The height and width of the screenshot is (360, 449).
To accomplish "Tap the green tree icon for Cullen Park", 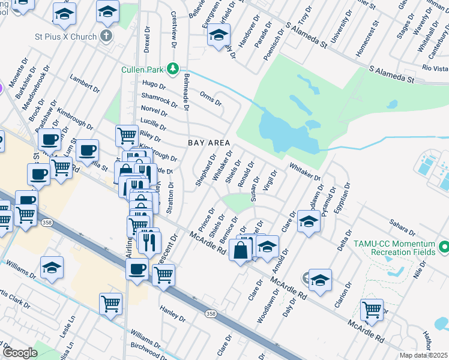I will (x=173, y=68).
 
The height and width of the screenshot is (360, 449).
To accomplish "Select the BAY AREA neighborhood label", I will (x=209, y=143).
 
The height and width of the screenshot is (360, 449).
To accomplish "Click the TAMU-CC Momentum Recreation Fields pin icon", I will (x=444, y=247).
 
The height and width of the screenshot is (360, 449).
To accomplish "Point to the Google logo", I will (x=20, y=353).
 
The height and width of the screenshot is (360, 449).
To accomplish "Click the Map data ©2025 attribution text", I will (x=423, y=355).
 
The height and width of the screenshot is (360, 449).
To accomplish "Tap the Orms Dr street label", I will (x=211, y=98).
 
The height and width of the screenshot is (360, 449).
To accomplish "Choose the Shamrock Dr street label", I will (x=159, y=100).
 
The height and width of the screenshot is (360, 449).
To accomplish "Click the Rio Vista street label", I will (x=435, y=68).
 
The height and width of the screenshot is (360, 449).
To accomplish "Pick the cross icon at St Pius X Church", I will (x=106, y=36).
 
